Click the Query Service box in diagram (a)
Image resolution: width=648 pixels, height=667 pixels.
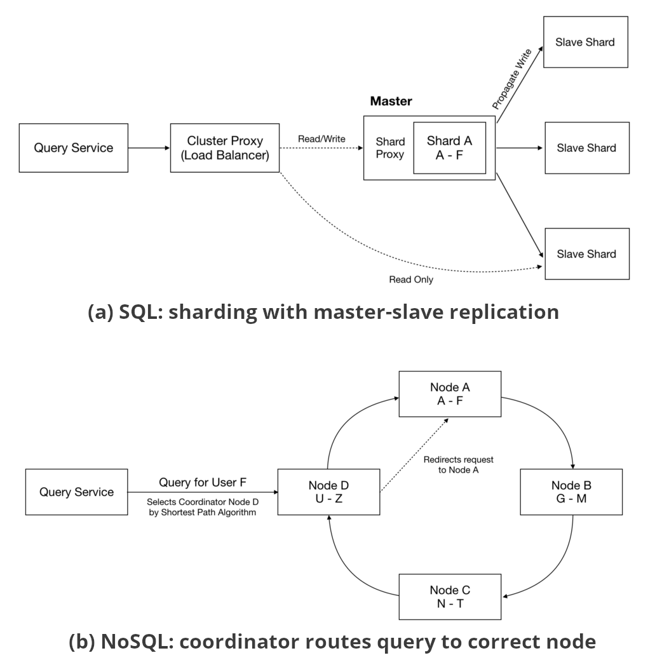click(74, 148)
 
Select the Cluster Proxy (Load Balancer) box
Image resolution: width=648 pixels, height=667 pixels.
click(225, 148)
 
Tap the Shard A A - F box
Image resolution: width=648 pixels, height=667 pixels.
click(449, 148)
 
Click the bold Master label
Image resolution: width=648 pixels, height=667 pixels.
click(391, 102)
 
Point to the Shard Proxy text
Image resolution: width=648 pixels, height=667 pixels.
click(390, 148)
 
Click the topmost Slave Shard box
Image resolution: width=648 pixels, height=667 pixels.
click(585, 43)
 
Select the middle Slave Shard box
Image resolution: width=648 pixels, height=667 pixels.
click(586, 148)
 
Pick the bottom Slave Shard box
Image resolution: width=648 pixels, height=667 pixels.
click(586, 254)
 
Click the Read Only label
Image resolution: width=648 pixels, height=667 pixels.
click(410, 279)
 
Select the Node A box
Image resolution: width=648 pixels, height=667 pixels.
click(450, 394)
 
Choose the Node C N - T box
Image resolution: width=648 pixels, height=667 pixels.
click(450, 596)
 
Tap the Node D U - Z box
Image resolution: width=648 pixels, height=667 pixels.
click(328, 492)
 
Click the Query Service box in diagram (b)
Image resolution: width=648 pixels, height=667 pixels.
click(76, 492)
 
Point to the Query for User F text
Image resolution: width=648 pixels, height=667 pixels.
click(202, 482)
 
